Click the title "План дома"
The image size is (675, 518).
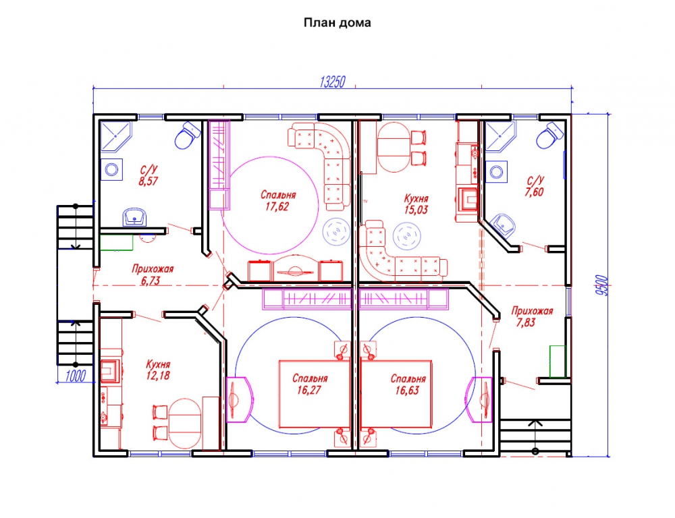pyautogui.click(x=337, y=23)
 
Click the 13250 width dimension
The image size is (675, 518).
pyautogui.click(x=332, y=82)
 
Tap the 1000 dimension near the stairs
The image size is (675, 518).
pyautogui.click(x=76, y=376)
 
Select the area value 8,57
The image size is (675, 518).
pyautogui.click(x=148, y=181)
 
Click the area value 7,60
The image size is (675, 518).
pyautogui.click(x=534, y=192)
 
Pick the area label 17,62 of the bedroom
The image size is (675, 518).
pyautogui.click(x=277, y=207)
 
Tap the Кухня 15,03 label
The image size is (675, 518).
pyautogui.click(x=416, y=204)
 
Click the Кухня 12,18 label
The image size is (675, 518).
pyautogui.click(x=158, y=370)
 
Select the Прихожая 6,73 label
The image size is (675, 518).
pyautogui.click(x=153, y=275)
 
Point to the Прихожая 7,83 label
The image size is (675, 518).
pyautogui.click(x=532, y=316)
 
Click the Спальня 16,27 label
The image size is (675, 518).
pyautogui.click(x=310, y=384)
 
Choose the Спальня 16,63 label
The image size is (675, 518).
pyautogui.click(x=408, y=384)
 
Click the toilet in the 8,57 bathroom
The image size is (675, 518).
pyautogui.click(x=188, y=135)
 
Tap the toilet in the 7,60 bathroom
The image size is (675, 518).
pyautogui.click(x=550, y=135)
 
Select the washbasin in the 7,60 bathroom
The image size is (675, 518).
pyautogui.click(x=504, y=225)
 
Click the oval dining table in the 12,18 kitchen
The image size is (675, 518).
pyautogui.click(x=185, y=424)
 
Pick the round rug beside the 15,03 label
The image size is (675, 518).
pyautogui.click(x=407, y=236)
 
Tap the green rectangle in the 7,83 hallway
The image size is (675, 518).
pyautogui.click(x=558, y=362)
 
